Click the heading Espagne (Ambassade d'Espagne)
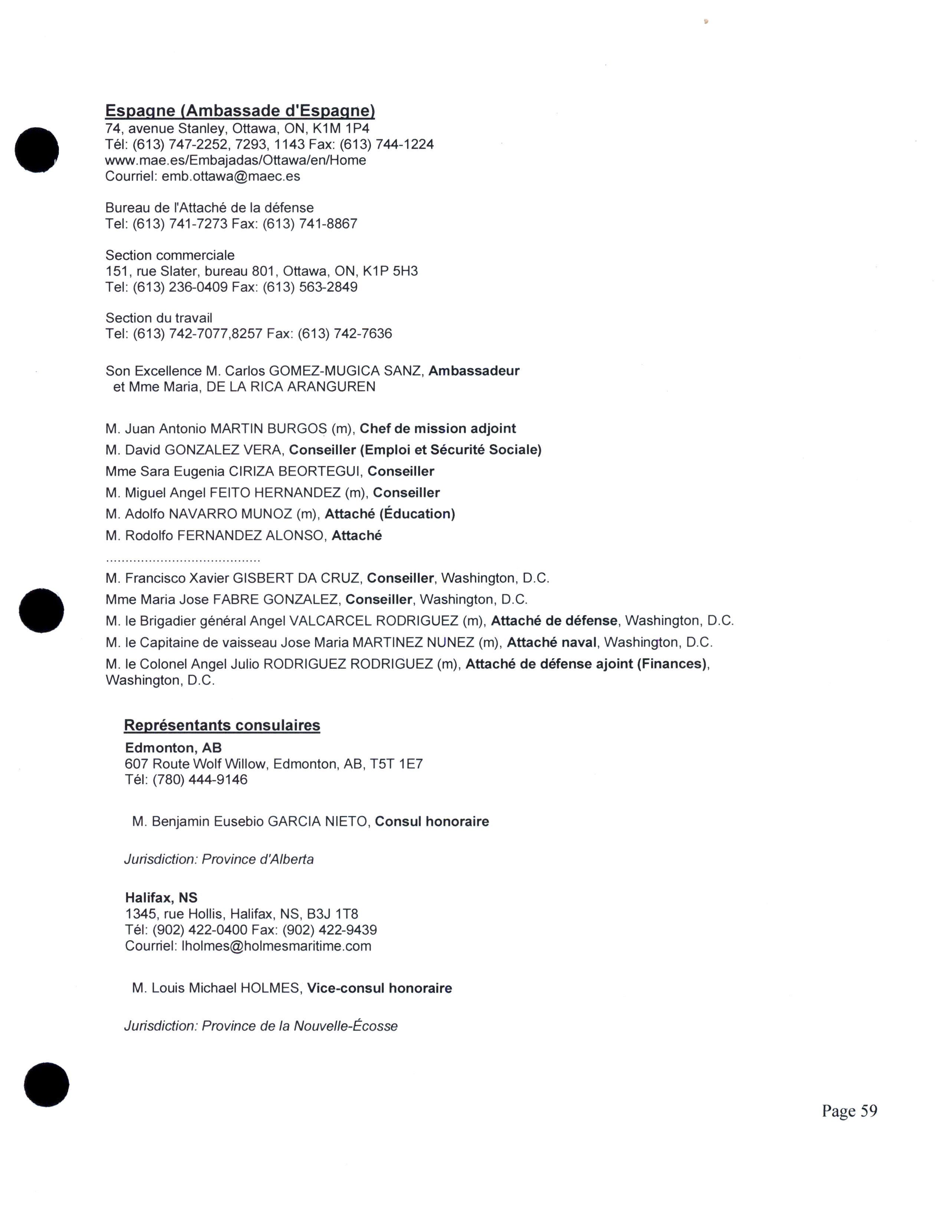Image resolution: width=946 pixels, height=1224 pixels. click(240, 111)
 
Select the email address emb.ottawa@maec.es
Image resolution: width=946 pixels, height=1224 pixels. click(230, 177)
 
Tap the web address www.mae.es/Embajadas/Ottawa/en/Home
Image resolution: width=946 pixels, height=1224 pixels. click(235, 160)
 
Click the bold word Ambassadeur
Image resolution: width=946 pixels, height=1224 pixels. click(474, 371)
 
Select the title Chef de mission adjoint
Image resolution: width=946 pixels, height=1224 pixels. click(437, 429)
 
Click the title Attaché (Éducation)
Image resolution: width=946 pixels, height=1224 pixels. click(390, 514)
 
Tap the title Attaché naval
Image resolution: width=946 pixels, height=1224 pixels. click(551, 642)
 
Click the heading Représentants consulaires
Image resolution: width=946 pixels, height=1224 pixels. click(222, 725)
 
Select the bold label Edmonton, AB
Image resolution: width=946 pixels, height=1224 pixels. click(173, 748)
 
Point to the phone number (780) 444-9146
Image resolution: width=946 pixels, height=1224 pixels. click(200, 780)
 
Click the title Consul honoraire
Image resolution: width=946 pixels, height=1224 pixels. click(431, 822)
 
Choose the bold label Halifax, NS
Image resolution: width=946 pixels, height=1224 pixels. click(161, 898)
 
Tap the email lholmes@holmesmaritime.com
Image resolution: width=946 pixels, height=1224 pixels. click(276, 946)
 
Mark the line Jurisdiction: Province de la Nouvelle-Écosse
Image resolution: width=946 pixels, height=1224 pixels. click(260, 1026)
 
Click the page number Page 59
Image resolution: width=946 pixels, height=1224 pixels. click(849, 1111)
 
